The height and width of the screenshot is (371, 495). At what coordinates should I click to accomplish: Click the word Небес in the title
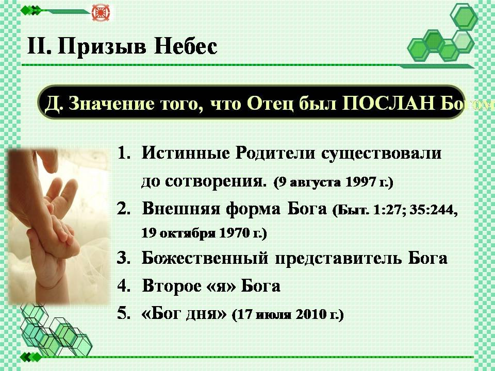tap(186, 46)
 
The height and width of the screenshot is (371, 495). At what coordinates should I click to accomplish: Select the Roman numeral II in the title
tap(39, 46)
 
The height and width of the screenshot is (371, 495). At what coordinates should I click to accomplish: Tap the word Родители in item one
tap(275, 153)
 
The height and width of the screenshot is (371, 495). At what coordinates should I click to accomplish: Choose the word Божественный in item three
tap(205, 258)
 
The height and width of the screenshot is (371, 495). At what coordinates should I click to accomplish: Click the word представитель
tap(339, 258)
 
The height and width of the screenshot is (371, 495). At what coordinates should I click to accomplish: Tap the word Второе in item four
tap(172, 286)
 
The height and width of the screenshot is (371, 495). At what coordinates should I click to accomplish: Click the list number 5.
tap(124, 313)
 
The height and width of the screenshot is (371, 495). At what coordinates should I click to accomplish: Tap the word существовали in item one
tap(382, 154)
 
